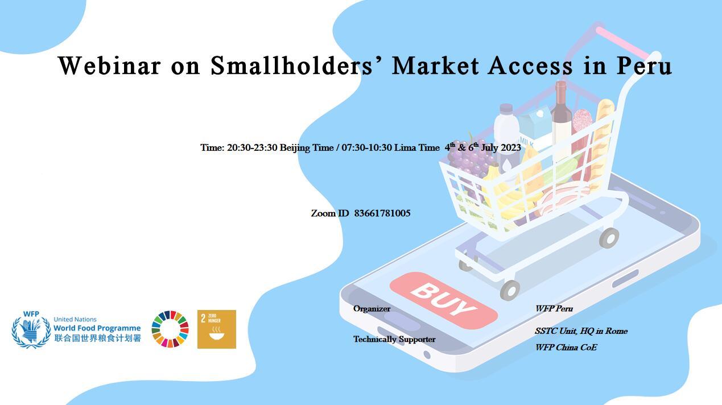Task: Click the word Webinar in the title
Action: pyautogui.click(x=110, y=65)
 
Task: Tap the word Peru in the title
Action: pyautogui.click(x=644, y=65)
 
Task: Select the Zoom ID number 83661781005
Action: pyautogui.click(x=382, y=213)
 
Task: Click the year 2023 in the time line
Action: pyautogui.click(x=511, y=147)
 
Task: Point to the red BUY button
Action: pyautogui.click(x=444, y=300)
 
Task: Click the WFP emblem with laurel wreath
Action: pyautogui.click(x=31, y=329)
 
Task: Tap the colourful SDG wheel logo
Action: pyautogui.click(x=170, y=329)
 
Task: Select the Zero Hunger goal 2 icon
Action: pyautogui.click(x=217, y=329)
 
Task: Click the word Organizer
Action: pyautogui.click(x=372, y=309)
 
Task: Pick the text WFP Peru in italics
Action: pyautogui.click(x=554, y=309)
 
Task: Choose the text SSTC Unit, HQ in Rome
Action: pyautogui.click(x=581, y=331)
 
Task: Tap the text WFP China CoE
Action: pyautogui.click(x=566, y=348)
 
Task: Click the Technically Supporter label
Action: pyautogui.click(x=394, y=339)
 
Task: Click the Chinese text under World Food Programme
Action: pyautogui.click(x=97, y=338)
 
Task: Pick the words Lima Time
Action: pyautogui.click(x=417, y=147)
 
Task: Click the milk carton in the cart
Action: pyautogui.click(x=534, y=126)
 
